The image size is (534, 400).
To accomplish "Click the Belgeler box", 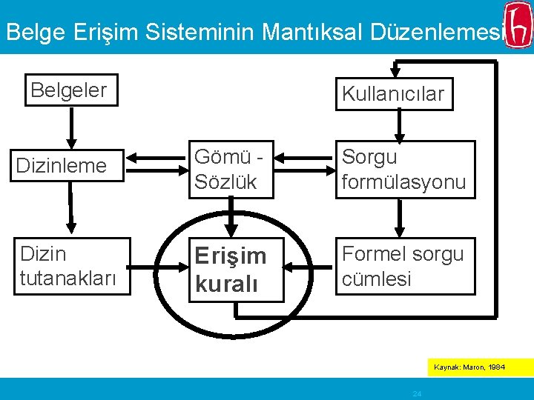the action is [70, 90].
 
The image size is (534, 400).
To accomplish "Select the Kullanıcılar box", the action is [393, 93].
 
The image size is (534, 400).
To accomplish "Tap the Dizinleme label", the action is [62, 166].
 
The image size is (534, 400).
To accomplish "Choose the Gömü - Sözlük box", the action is [231, 170].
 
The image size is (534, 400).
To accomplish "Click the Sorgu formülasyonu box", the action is [405, 170].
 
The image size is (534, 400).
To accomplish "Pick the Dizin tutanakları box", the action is [71, 266].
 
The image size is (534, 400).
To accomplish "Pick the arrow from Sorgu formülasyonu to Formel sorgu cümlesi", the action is [400, 218].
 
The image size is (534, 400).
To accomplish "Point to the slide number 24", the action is [417, 394].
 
